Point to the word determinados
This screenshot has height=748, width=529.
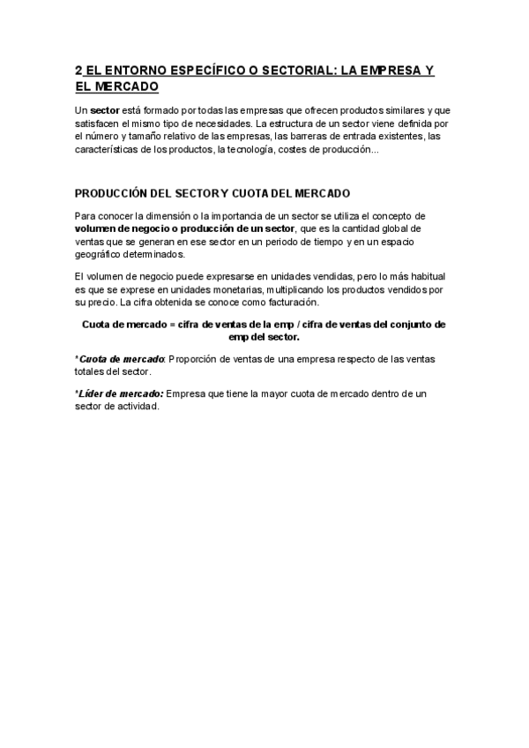tap(160, 254)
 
